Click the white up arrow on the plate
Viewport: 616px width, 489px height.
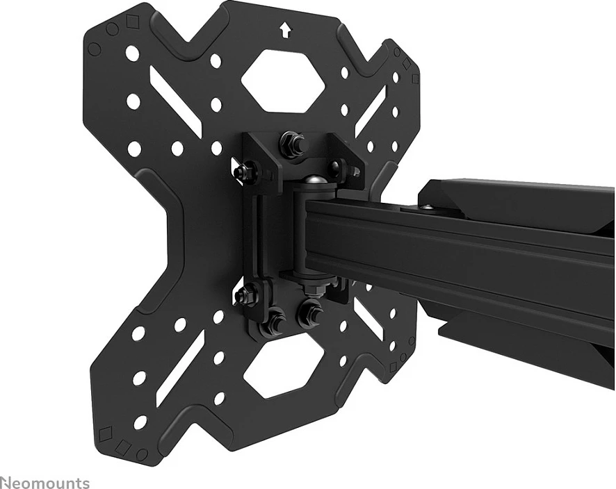coord(285,31)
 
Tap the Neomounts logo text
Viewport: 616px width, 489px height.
coord(45,482)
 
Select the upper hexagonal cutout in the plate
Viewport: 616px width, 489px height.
coord(283,80)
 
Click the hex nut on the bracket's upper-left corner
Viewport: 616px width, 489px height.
coord(243,170)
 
